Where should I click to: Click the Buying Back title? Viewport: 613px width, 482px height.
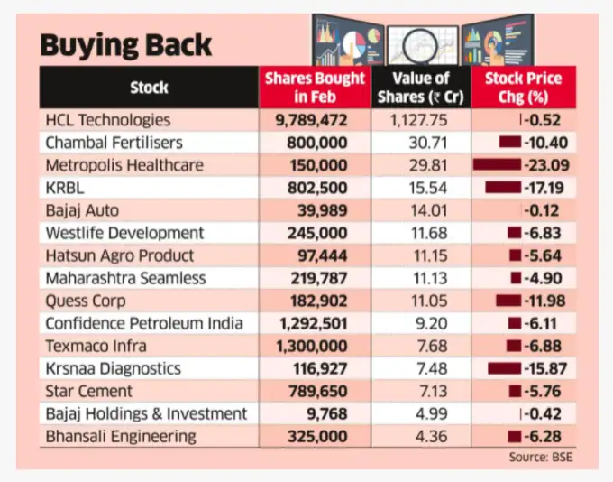[x=127, y=44]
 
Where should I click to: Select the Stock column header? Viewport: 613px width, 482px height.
[x=149, y=88]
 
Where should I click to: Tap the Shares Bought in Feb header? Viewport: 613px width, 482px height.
[x=315, y=88]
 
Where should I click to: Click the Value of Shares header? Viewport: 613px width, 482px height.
[x=421, y=88]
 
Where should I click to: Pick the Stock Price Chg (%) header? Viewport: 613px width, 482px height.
[x=523, y=88]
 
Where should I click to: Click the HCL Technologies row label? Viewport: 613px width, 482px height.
[x=107, y=120]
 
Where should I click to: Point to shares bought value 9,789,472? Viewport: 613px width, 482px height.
[x=315, y=120]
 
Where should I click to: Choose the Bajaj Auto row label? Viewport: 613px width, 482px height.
[x=84, y=210]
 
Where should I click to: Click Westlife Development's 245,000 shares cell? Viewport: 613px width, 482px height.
[x=315, y=233]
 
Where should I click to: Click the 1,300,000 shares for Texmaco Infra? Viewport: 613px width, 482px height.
[x=315, y=346]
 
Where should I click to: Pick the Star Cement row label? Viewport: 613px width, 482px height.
[x=88, y=391]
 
